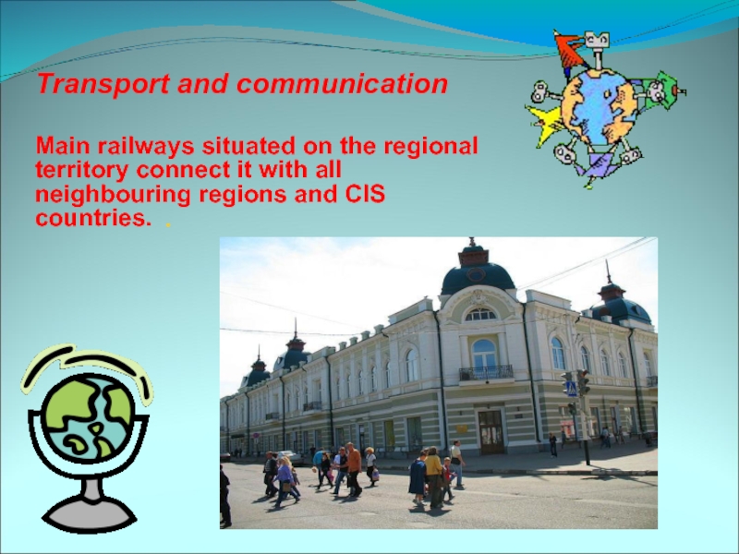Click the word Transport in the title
pos(103,84)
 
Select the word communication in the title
pos(342,84)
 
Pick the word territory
pos(82,171)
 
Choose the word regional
pos(431,147)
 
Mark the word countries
pos(94,219)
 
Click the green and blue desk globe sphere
pos(89,417)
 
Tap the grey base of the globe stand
pos(89,514)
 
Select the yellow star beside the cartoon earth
pos(546,124)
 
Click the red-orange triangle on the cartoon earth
pos(570,50)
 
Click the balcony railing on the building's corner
pos(486,373)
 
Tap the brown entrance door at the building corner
pos(491,432)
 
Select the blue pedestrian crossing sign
pos(572,389)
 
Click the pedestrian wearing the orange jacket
pos(354,469)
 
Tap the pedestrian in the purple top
pos(285,481)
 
